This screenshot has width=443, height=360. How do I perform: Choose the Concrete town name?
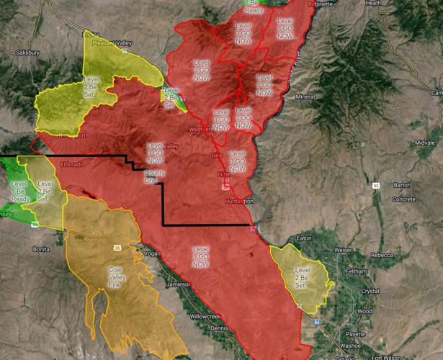pos(404,199)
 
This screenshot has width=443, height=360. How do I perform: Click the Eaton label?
pos(304,237)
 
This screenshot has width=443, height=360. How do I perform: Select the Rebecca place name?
pos(382,255)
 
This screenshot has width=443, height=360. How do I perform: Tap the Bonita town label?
pos(42,248)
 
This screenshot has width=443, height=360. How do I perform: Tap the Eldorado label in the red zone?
pos(73,165)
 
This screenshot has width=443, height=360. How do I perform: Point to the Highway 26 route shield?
pos(116,247)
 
